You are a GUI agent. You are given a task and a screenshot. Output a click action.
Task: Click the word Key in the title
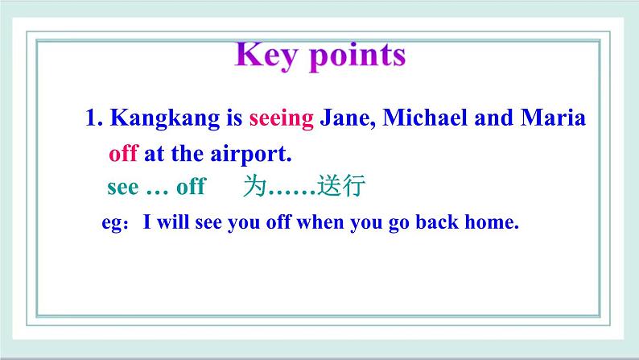pyautogui.click(x=266, y=56)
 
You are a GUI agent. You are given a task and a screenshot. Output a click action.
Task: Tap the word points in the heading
pyautogui.click(x=357, y=57)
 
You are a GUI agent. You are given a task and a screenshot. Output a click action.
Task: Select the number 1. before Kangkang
pyautogui.click(x=94, y=118)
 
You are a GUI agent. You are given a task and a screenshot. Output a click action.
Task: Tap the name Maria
pyautogui.click(x=553, y=118)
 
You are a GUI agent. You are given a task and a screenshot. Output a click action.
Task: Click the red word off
pyautogui.click(x=123, y=153)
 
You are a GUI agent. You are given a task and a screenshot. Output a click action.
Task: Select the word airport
pyautogui.click(x=251, y=155)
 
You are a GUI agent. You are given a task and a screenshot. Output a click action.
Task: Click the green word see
pyautogui.click(x=122, y=188)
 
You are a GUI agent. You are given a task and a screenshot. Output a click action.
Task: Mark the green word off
pyautogui.click(x=191, y=186)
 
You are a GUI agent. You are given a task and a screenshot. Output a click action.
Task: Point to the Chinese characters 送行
pyautogui.click(x=341, y=185)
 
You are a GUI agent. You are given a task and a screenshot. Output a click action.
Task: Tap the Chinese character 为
pyautogui.click(x=255, y=185)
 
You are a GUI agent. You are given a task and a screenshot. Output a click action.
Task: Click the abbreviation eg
pyautogui.click(x=111, y=224)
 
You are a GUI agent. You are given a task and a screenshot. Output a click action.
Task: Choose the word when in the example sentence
pyautogui.click(x=320, y=222)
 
